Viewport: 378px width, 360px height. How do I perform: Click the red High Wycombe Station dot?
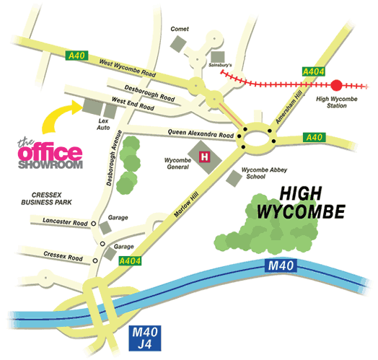(x=335, y=84)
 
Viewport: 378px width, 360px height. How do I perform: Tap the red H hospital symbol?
(x=204, y=155)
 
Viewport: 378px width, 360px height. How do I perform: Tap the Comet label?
(x=178, y=29)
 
